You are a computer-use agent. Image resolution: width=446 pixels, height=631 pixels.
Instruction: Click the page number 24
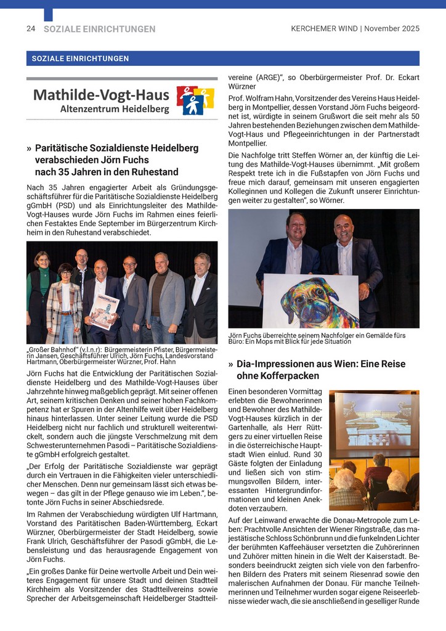coord(30,28)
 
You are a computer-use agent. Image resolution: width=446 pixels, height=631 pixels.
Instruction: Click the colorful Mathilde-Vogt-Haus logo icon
coord(195,100)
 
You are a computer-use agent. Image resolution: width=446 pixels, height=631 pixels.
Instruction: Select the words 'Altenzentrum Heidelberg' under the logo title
coord(115,109)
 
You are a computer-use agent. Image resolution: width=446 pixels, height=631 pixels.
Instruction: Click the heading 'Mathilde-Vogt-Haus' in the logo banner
coord(101,95)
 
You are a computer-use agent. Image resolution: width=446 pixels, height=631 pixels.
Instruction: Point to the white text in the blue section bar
coord(78,59)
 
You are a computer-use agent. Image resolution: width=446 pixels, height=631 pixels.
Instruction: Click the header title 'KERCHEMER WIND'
coord(325,28)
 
